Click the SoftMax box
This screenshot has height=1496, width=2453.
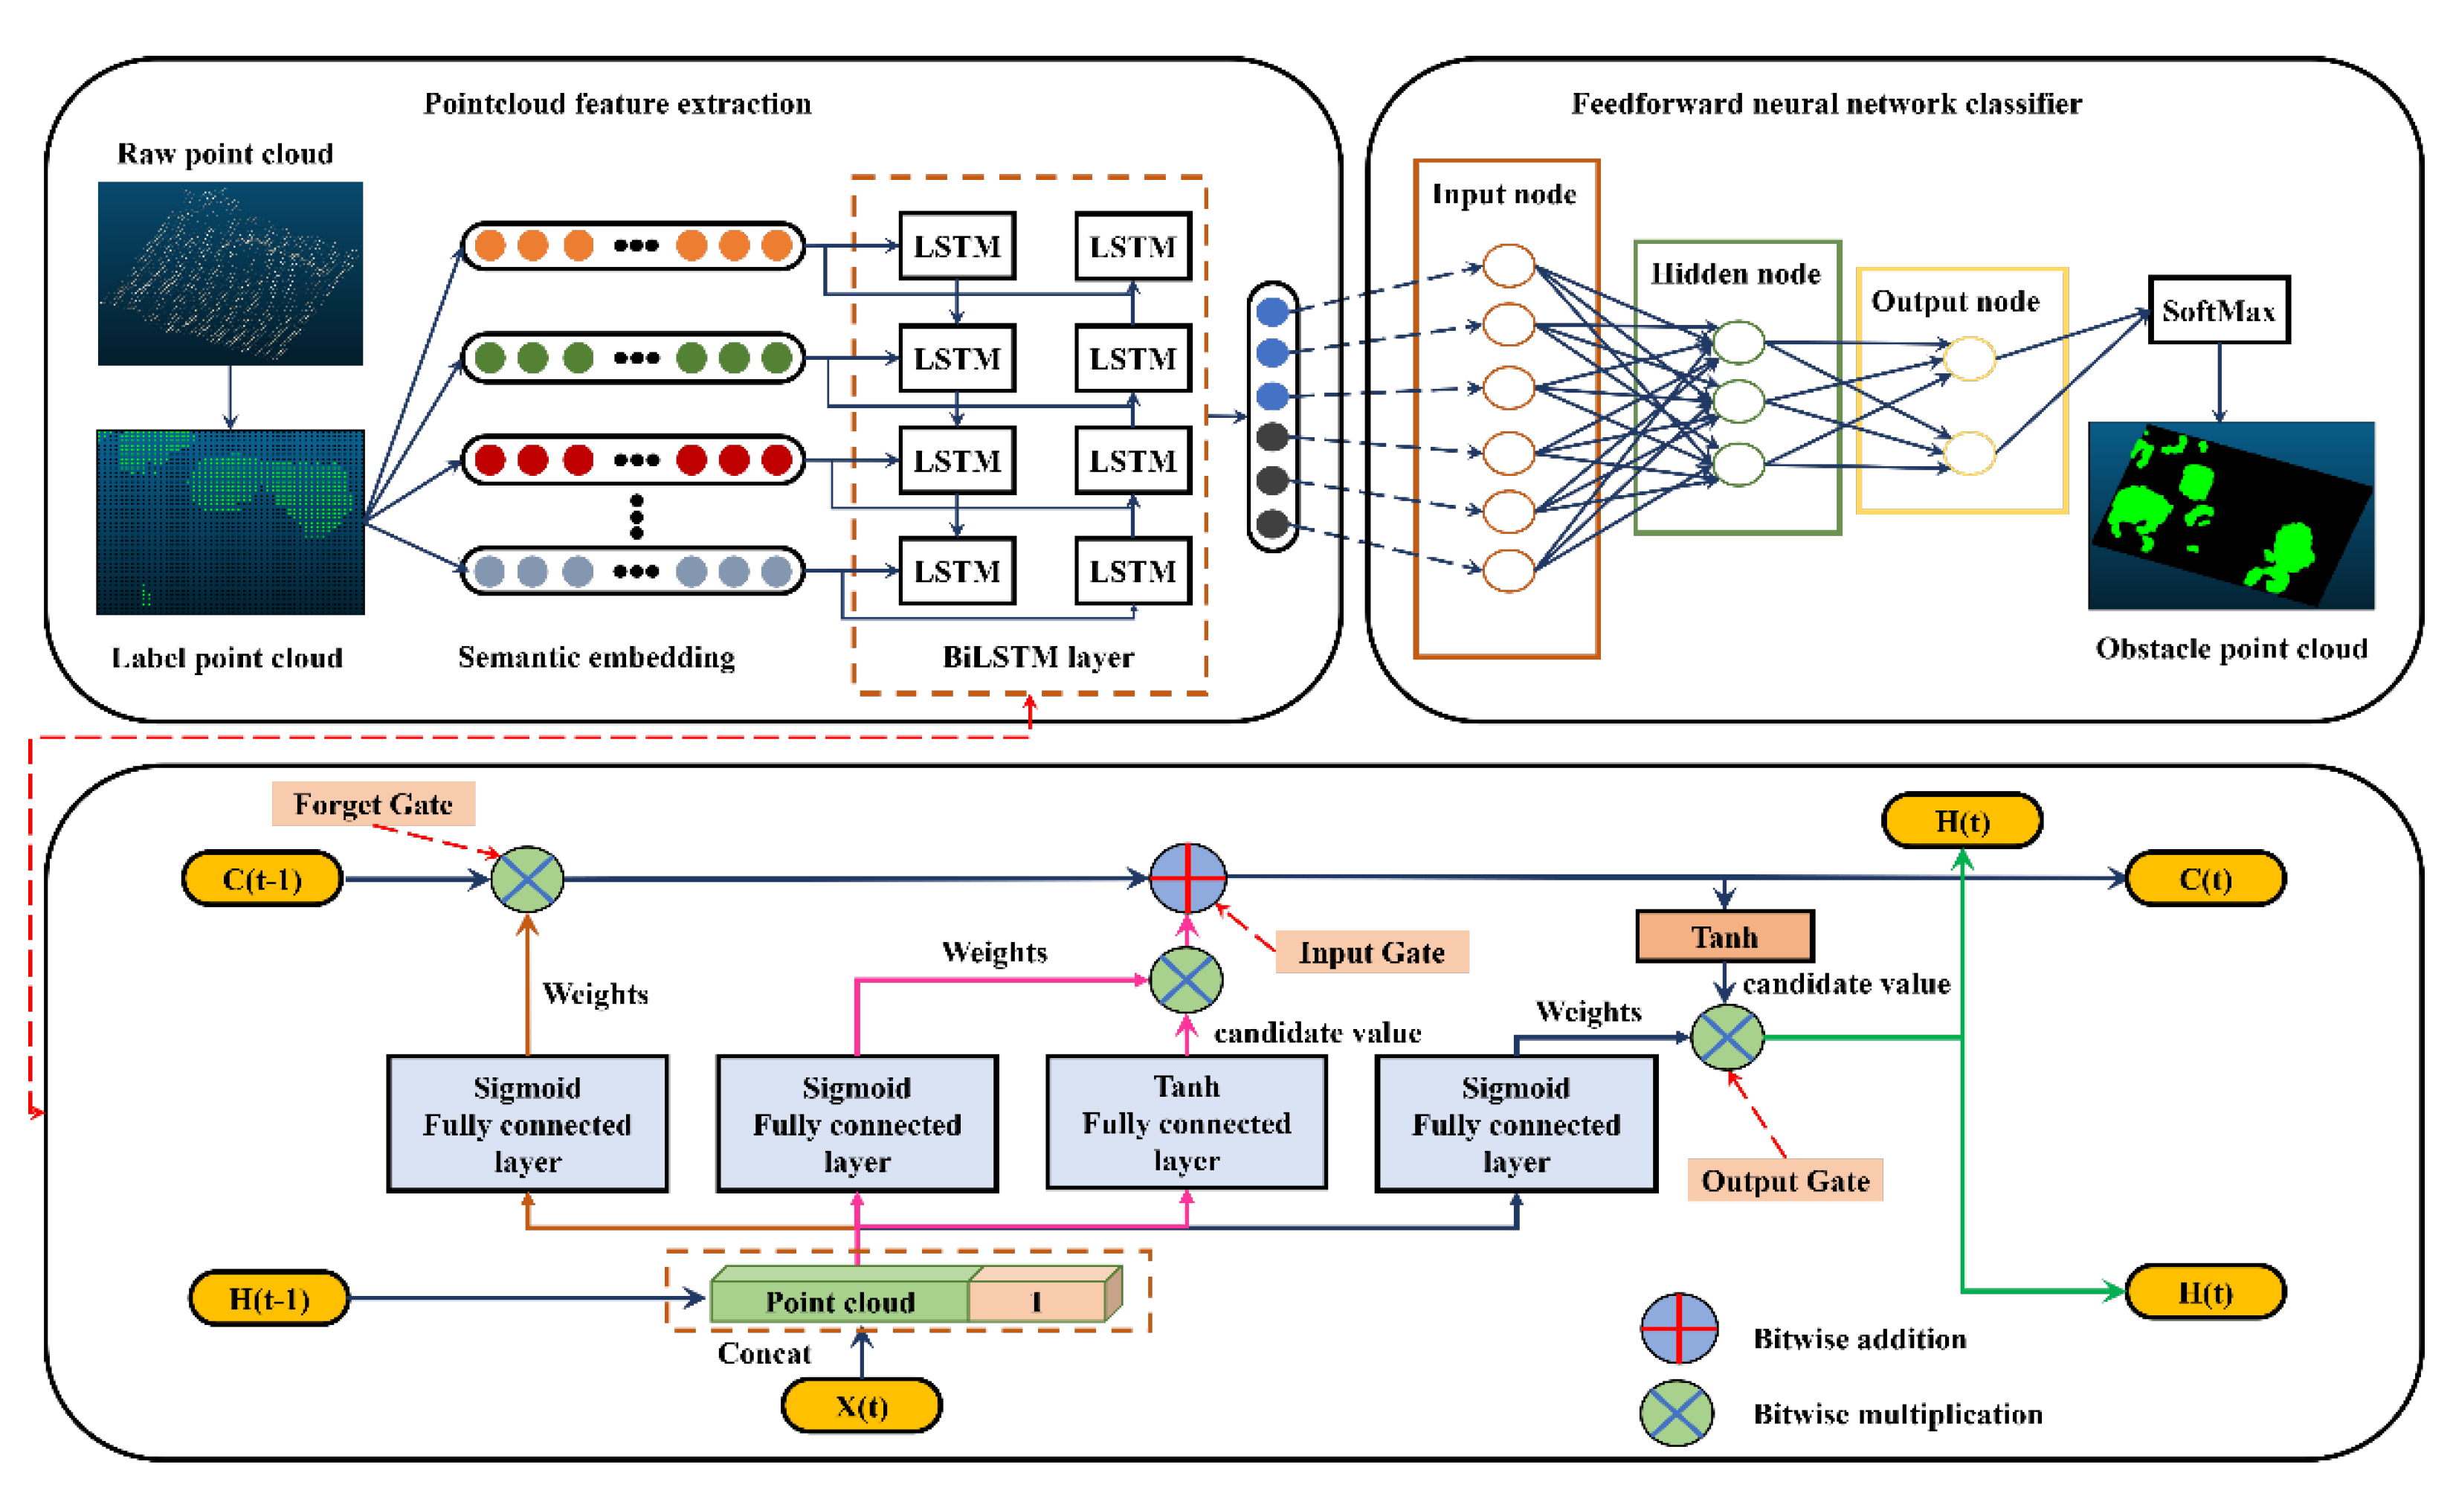2218,311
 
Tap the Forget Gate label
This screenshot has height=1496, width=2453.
373,803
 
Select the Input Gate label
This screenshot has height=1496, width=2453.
1371,952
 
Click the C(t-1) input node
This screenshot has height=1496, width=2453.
262,879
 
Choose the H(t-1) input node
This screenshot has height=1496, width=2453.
268,1298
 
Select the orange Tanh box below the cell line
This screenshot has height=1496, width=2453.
1724,937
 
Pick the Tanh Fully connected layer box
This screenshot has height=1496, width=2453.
1186,1123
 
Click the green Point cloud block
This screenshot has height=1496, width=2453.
839,1300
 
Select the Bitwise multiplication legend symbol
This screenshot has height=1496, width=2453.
1677,1413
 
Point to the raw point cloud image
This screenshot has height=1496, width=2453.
230,274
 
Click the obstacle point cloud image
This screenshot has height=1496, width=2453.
2230,515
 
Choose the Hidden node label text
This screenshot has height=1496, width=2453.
1735,274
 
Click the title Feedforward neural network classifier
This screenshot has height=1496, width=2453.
1826,103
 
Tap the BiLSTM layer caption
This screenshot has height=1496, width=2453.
1037,657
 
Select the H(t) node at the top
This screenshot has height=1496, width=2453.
1962,821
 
